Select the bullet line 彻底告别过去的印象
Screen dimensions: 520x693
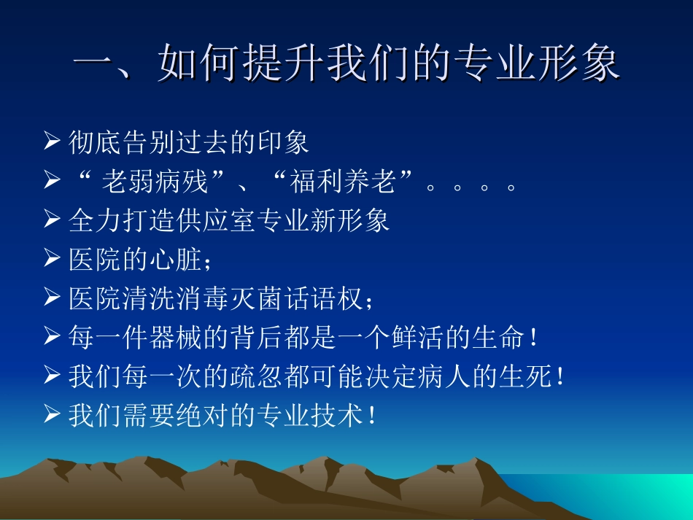(188, 142)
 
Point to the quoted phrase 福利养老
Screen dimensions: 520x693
(344, 182)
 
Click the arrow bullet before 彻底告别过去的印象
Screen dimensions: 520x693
(52, 141)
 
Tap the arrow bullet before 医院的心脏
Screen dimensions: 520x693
(52, 259)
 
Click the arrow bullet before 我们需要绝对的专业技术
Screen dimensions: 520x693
(52, 415)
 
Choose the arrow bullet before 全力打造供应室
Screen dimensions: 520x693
(52, 220)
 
